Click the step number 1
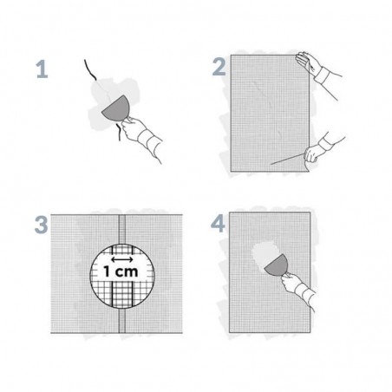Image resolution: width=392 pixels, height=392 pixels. click(42, 69)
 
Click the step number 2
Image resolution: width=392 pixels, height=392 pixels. click(219, 67)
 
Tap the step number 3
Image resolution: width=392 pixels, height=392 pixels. click(41, 225)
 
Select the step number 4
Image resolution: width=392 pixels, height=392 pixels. click(218, 224)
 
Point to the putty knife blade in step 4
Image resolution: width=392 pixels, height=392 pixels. click(277, 265)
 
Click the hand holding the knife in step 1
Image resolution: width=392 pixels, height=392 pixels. click(133, 127)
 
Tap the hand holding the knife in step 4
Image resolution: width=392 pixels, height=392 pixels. click(291, 283)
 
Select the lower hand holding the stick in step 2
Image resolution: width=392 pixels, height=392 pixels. click(313, 154)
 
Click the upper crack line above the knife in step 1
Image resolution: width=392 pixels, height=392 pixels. click(90, 69)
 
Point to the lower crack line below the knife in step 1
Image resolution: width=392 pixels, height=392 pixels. click(119, 133)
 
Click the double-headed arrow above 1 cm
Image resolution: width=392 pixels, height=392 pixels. click(122, 259)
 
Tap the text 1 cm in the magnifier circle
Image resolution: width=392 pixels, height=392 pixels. click(121, 271)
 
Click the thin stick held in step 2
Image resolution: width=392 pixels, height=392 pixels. click(289, 159)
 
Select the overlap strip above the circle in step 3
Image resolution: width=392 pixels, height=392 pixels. click(122, 229)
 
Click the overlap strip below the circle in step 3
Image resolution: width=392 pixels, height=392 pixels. click(122, 321)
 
